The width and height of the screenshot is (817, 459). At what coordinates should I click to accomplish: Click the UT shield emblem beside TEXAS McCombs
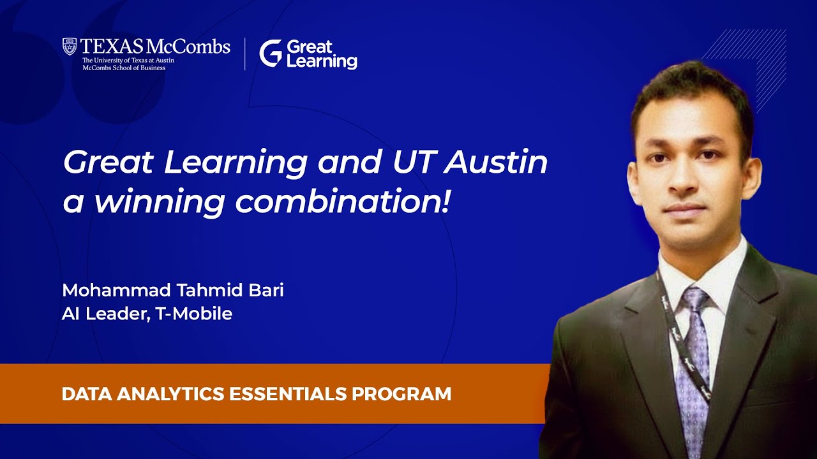tap(70, 47)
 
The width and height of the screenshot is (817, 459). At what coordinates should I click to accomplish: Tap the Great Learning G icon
tap(270, 54)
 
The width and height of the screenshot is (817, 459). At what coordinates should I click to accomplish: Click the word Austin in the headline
tap(496, 163)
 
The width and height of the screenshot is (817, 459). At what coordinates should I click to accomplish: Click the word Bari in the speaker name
tap(266, 291)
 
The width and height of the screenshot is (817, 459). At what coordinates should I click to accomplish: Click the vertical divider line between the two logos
tap(245, 54)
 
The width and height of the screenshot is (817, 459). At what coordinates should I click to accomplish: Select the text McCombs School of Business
tap(124, 68)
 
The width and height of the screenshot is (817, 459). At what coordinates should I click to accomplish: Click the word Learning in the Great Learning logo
tap(322, 62)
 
